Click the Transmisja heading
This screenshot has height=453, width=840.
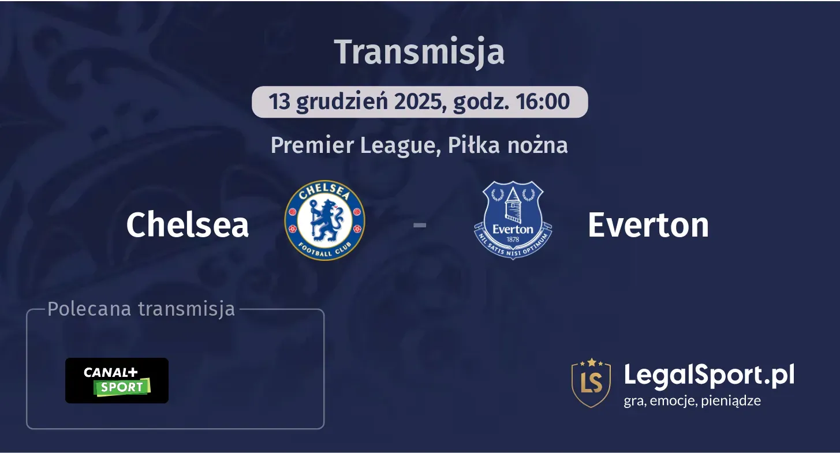click(x=420, y=51)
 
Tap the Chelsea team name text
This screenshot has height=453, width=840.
click(x=188, y=224)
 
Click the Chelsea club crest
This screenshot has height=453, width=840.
click(x=325, y=220)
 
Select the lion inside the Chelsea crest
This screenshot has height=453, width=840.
click(x=324, y=222)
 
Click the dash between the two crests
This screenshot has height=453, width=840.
click(x=420, y=225)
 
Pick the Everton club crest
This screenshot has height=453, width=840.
click(x=513, y=220)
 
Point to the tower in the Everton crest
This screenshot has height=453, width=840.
click(x=513, y=205)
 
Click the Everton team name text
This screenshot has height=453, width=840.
click(x=648, y=224)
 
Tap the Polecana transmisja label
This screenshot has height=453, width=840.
click(x=141, y=309)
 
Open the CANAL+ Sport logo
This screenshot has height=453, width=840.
click(x=117, y=380)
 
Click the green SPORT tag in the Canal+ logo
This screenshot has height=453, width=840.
click(x=122, y=387)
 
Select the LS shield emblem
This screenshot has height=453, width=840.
click(x=591, y=382)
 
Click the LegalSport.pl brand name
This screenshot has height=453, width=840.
click(x=709, y=375)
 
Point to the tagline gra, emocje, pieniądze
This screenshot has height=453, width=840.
click(x=692, y=400)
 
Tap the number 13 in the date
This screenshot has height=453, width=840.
click(x=279, y=102)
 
